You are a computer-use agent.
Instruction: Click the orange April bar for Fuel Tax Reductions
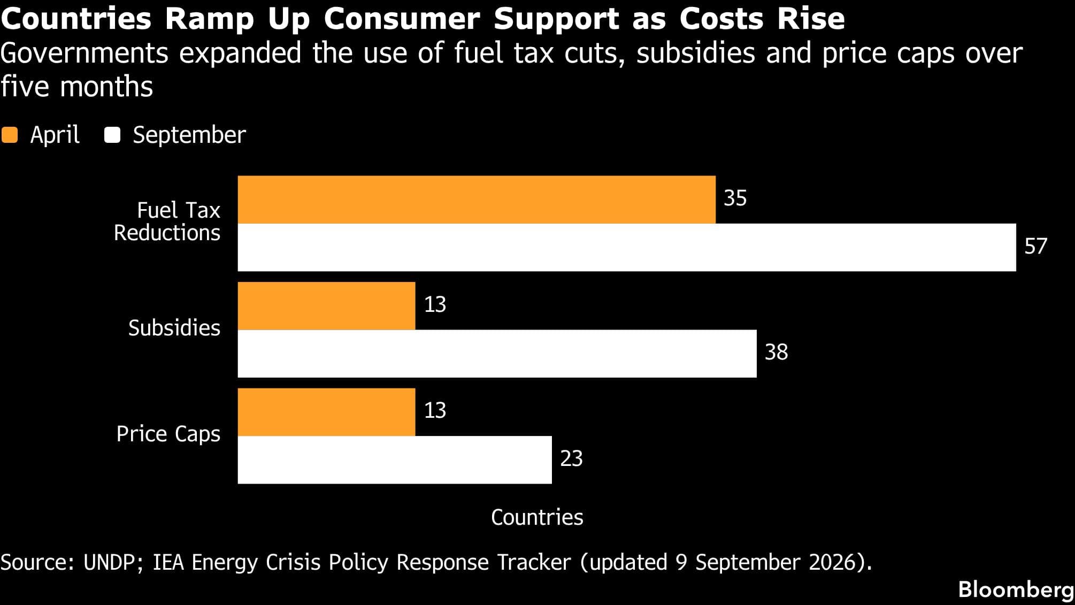tap(477, 200)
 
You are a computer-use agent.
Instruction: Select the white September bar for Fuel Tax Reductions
tap(627, 247)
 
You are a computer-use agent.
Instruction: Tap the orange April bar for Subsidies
tap(326, 306)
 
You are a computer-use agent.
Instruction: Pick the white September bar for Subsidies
tap(497, 354)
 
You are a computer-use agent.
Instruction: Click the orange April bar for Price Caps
tap(326, 412)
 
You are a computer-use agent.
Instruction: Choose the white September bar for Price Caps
tap(395, 460)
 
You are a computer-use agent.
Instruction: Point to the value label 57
tap(1035, 247)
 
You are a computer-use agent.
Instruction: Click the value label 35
tap(735, 198)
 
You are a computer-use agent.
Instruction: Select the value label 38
tap(776, 353)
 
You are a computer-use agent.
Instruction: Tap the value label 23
tap(571, 459)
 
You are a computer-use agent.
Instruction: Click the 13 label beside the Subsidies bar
tap(435, 305)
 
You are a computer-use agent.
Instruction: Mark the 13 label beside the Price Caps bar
tap(435, 411)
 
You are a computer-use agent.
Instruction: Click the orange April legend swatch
tap(10, 135)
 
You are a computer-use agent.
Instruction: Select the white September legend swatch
tap(112, 135)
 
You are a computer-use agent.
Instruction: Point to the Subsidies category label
tap(174, 328)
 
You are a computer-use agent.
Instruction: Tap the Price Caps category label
tap(168, 434)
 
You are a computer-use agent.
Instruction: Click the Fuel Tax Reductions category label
tap(167, 221)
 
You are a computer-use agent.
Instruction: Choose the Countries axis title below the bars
tap(537, 518)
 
